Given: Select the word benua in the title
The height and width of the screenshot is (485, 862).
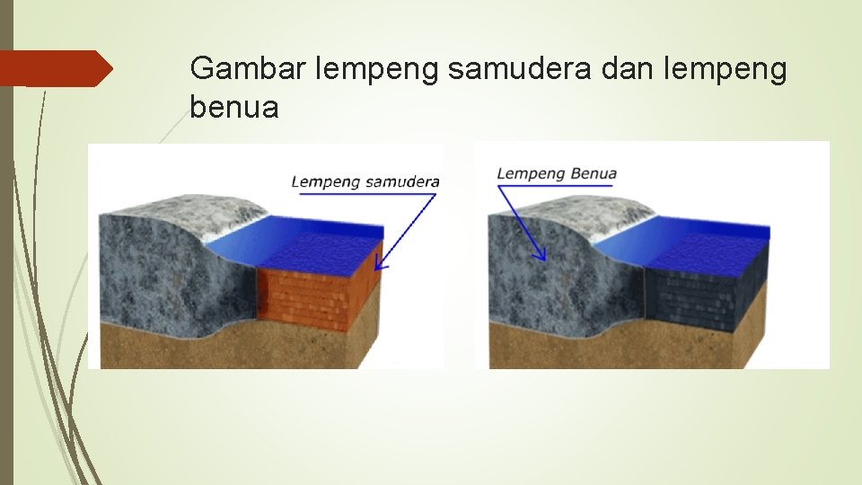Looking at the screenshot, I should point(234,108).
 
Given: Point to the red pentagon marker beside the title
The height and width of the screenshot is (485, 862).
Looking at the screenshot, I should point(56,68).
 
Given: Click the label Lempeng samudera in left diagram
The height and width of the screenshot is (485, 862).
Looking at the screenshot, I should point(365,182).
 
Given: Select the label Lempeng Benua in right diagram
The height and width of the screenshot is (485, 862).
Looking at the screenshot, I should point(557,173).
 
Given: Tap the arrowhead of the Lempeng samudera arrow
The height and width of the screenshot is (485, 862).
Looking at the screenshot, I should point(380,265).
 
